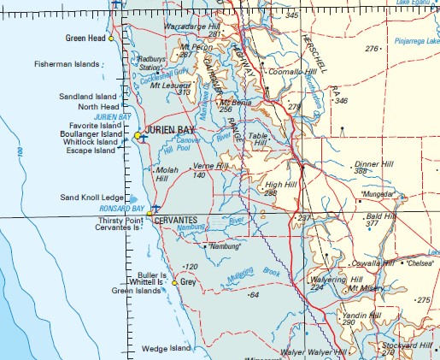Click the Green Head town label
pyautogui.click(x=85, y=38)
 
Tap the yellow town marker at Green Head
pyautogui.click(x=111, y=38)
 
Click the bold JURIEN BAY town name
pyautogui.click(x=170, y=130)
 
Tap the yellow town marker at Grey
pyautogui.click(x=175, y=282)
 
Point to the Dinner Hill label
pyautogui.click(x=372, y=163)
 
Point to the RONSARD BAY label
pyautogui.click(x=119, y=208)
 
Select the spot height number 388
pyautogui.click(x=361, y=171)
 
